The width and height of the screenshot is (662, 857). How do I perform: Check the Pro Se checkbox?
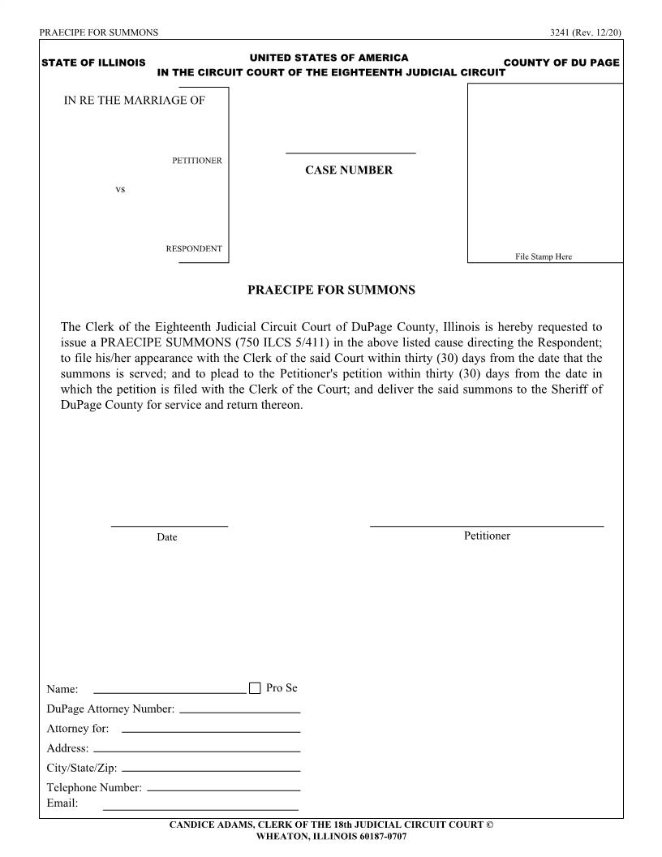tap(255, 688)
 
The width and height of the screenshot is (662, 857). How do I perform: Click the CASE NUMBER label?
tap(348, 170)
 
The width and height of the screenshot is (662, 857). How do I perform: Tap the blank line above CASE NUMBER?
tap(350, 152)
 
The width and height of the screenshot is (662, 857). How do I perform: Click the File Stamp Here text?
tap(544, 256)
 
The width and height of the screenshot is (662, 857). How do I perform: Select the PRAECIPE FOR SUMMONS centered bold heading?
tap(331, 290)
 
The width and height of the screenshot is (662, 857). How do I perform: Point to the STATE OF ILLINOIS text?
tap(93, 63)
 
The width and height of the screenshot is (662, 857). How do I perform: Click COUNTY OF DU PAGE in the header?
tap(561, 63)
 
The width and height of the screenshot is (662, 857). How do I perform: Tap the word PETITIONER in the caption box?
tap(196, 161)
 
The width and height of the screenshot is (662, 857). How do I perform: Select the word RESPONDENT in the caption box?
tap(194, 248)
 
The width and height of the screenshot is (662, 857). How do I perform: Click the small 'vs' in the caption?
tap(120, 189)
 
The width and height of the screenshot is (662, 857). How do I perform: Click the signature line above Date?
tap(169, 526)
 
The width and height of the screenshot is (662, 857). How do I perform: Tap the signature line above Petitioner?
tap(487, 526)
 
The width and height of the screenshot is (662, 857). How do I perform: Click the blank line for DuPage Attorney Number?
tap(239, 711)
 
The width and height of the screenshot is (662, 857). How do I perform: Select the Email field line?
tap(200, 809)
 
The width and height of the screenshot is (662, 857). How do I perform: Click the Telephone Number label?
tap(94, 787)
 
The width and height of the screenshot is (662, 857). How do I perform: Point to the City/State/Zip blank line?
tap(210, 769)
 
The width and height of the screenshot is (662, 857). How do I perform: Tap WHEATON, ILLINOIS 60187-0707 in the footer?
tap(331, 836)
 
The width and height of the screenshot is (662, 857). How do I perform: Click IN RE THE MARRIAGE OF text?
tap(135, 101)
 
